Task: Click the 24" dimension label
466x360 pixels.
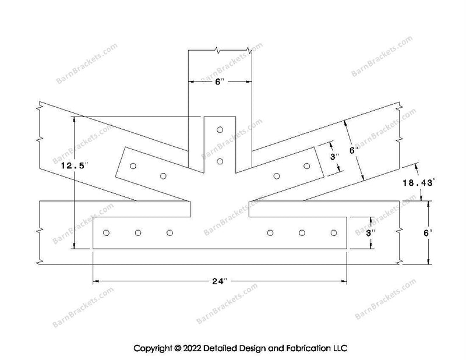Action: pos(220,281)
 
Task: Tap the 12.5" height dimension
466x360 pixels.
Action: pos(75,165)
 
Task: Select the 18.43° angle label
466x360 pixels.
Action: pos(419,182)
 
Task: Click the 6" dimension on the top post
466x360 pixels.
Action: pos(220,82)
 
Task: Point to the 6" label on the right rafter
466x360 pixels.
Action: pos(354,150)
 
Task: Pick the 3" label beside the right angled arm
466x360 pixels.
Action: pos(334,156)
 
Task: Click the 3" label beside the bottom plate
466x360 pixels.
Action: pos(369,233)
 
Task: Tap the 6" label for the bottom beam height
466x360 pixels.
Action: pos(428,233)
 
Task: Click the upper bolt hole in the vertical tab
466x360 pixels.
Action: pos(220,130)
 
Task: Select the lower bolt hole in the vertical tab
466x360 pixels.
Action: pos(220,161)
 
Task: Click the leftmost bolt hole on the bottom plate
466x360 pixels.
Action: pos(106,233)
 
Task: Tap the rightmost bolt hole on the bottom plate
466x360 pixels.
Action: pos(334,233)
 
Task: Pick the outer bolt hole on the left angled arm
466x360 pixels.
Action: pos(133,166)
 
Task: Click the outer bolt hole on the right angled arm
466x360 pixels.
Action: pos(307,166)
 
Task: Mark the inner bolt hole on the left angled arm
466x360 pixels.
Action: pos(163,176)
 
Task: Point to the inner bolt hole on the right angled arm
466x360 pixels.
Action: pos(277,176)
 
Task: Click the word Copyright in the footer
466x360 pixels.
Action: pos(153,348)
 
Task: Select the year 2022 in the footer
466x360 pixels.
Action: pos(192,348)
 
